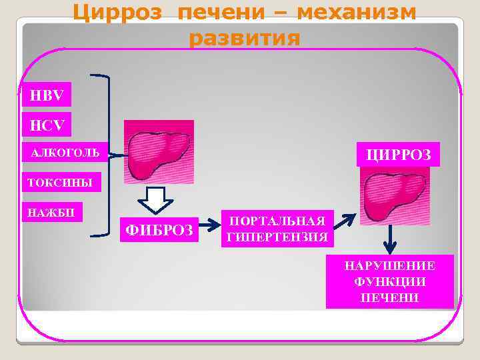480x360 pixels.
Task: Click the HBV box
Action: [x=46, y=95]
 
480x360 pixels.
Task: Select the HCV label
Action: [x=46, y=124]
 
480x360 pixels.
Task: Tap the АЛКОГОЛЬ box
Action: [x=64, y=153]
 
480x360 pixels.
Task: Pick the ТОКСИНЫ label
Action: [x=61, y=182]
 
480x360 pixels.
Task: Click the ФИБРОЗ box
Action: [x=160, y=231]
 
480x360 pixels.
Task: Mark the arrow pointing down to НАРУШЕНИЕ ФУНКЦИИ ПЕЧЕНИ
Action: [x=390, y=241]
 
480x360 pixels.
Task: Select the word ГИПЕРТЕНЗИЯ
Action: [x=277, y=237]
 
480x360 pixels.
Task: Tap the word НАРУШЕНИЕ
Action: [x=390, y=265]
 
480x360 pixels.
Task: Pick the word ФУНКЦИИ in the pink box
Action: [x=390, y=282]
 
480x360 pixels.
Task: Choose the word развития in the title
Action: [x=244, y=39]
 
